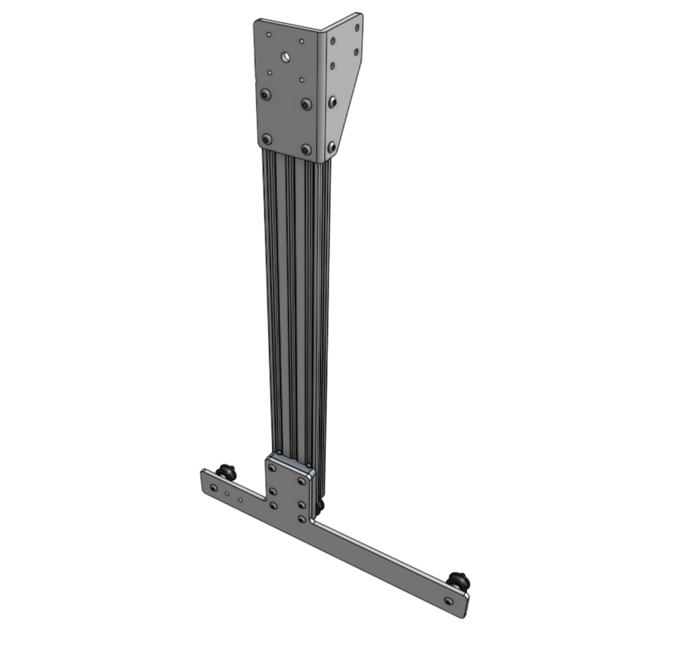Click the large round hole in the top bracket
(x=285, y=55)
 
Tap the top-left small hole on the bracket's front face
(x=269, y=35)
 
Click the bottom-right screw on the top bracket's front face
(x=305, y=149)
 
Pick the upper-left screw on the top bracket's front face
(x=265, y=95)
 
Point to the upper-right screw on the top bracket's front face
(x=305, y=104)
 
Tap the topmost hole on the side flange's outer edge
(x=357, y=27)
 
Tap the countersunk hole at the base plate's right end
(x=449, y=601)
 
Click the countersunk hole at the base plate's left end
(x=213, y=488)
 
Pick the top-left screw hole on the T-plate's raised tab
(x=272, y=468)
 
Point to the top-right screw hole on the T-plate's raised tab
(x=302, y=481)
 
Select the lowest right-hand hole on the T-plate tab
(x=301, y=519)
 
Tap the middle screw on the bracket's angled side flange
(x=332, y=101)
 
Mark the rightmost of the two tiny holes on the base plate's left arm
(x=240, y=499)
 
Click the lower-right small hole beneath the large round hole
(x=302, y=80)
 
